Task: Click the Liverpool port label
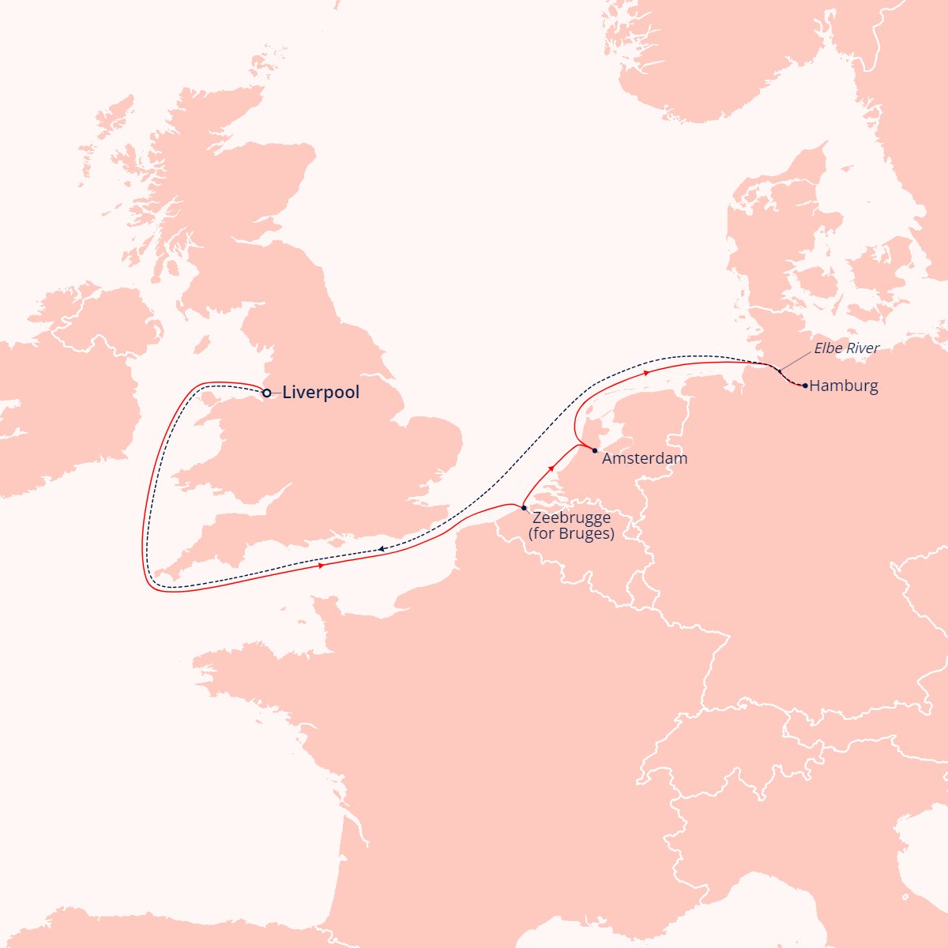[x=321, y=393]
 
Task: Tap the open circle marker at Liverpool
[x=267, y=393]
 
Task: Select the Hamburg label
[x=844, y=386]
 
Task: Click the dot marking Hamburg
[x=804, y=386]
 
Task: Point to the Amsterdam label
[x=645, y=458]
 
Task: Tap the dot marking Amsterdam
[x=595, y=450]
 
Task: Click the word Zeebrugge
[x=571, y=518]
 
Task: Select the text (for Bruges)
[x=571, y=533]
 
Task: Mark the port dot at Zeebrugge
[x=524, y=507]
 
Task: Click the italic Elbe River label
[x=847, y=348]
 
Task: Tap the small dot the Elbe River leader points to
[x=780, y=371]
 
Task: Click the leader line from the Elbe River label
[x=796, y=359]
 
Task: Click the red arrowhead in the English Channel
[x=321, y=566]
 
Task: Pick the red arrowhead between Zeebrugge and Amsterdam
[x=551, y=469]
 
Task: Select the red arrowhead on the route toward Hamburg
[x=647, y=371]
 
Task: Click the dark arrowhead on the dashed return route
[x=381, y=549]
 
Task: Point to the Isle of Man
[x=202, y=345]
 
